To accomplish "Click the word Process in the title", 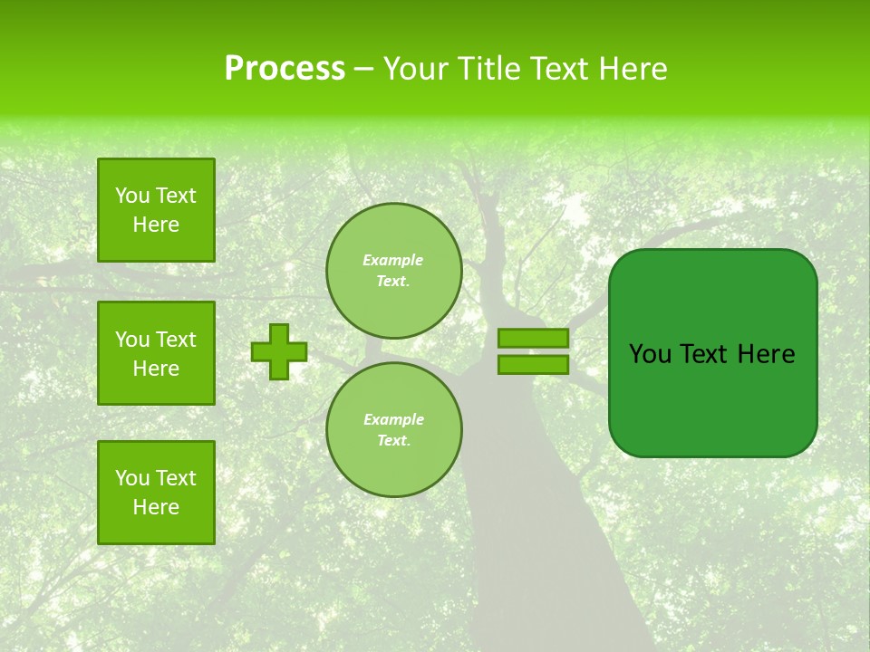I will (285, 69).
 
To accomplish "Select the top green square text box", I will (156, 210).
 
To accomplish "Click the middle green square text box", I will (156, 353).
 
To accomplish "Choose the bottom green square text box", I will (156, 493).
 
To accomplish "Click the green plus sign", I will (279, 352).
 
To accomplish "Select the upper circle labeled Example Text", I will (394, 270).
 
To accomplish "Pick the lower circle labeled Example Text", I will (394, 430).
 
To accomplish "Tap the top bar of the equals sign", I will (533, 338).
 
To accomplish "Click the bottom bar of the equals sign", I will (533, 364).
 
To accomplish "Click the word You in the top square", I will (132, 196).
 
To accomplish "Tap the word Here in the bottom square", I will (156, 507).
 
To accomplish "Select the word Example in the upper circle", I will (393, 260).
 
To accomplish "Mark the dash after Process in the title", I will (363, 69).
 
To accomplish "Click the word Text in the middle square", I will (176, 340).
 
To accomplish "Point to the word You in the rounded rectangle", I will (650, 354).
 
